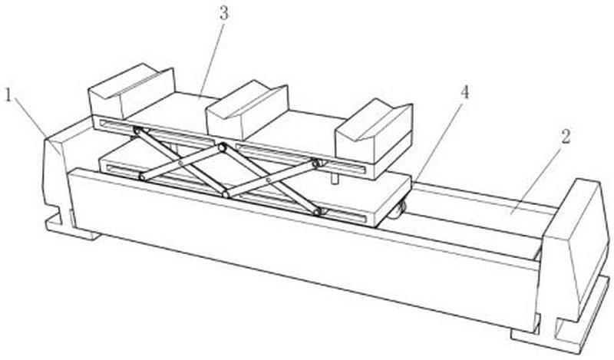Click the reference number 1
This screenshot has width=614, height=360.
coord(8,95)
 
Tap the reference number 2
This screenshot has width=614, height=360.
coord(566,136)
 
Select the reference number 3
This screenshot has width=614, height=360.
coord(223,13)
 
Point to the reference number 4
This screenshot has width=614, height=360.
coord(464,92)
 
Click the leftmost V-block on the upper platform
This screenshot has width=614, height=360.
coord(131,92)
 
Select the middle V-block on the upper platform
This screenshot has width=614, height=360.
coord(247,111)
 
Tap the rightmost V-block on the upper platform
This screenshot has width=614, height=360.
coord(375,134)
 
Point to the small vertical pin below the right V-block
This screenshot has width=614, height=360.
coord(335,177)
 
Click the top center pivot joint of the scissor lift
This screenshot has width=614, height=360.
coord(222,147)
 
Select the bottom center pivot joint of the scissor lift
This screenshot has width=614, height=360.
coord(226,194)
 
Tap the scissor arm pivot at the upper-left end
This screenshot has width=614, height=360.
coord(137,130)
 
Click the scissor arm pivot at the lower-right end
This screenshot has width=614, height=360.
coord(318,212)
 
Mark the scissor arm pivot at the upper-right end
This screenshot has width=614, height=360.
coord(316,163)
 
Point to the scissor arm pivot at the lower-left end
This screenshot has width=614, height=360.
coord(142,177)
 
